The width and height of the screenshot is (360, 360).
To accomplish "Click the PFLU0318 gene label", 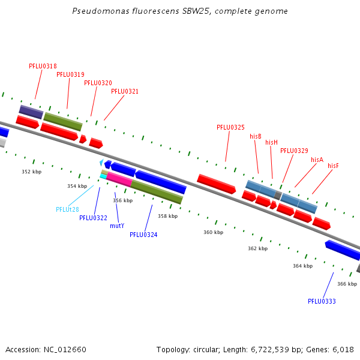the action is pos(43,66).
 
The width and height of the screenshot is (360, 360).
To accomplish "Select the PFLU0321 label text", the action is pos(125,91).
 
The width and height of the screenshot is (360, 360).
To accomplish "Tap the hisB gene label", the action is pos(256,136).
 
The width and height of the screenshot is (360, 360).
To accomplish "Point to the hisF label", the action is pos(333,166).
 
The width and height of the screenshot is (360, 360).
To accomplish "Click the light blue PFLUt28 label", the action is pos(67,209).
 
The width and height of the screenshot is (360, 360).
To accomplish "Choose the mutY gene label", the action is pos(117,226).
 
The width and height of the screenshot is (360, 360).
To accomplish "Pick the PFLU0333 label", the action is pos(322,301).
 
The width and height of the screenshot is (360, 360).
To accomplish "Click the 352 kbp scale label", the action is pos(32,172).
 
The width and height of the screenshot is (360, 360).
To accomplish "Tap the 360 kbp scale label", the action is pos(213,232).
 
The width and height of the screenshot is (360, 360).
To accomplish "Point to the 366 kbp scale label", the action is pos(347,284).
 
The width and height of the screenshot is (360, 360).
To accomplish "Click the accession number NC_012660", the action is pos(65,350).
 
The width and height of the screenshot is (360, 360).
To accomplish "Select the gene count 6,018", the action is pos(343,350).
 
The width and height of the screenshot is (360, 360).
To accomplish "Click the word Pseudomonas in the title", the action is pos(101,11).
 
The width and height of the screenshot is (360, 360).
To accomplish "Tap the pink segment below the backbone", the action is pos(119,179).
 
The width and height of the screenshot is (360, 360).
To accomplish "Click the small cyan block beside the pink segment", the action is pos(103,176).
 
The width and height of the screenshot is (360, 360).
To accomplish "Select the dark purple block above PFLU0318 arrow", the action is pos(31,112).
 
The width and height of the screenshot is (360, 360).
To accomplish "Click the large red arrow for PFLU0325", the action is pos(216,184).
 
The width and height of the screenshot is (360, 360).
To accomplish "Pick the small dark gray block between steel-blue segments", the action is pos(278,195).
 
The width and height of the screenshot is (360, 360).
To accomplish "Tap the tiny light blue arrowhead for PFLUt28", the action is pos(101,163).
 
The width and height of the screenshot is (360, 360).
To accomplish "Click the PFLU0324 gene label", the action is pos(143,235).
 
